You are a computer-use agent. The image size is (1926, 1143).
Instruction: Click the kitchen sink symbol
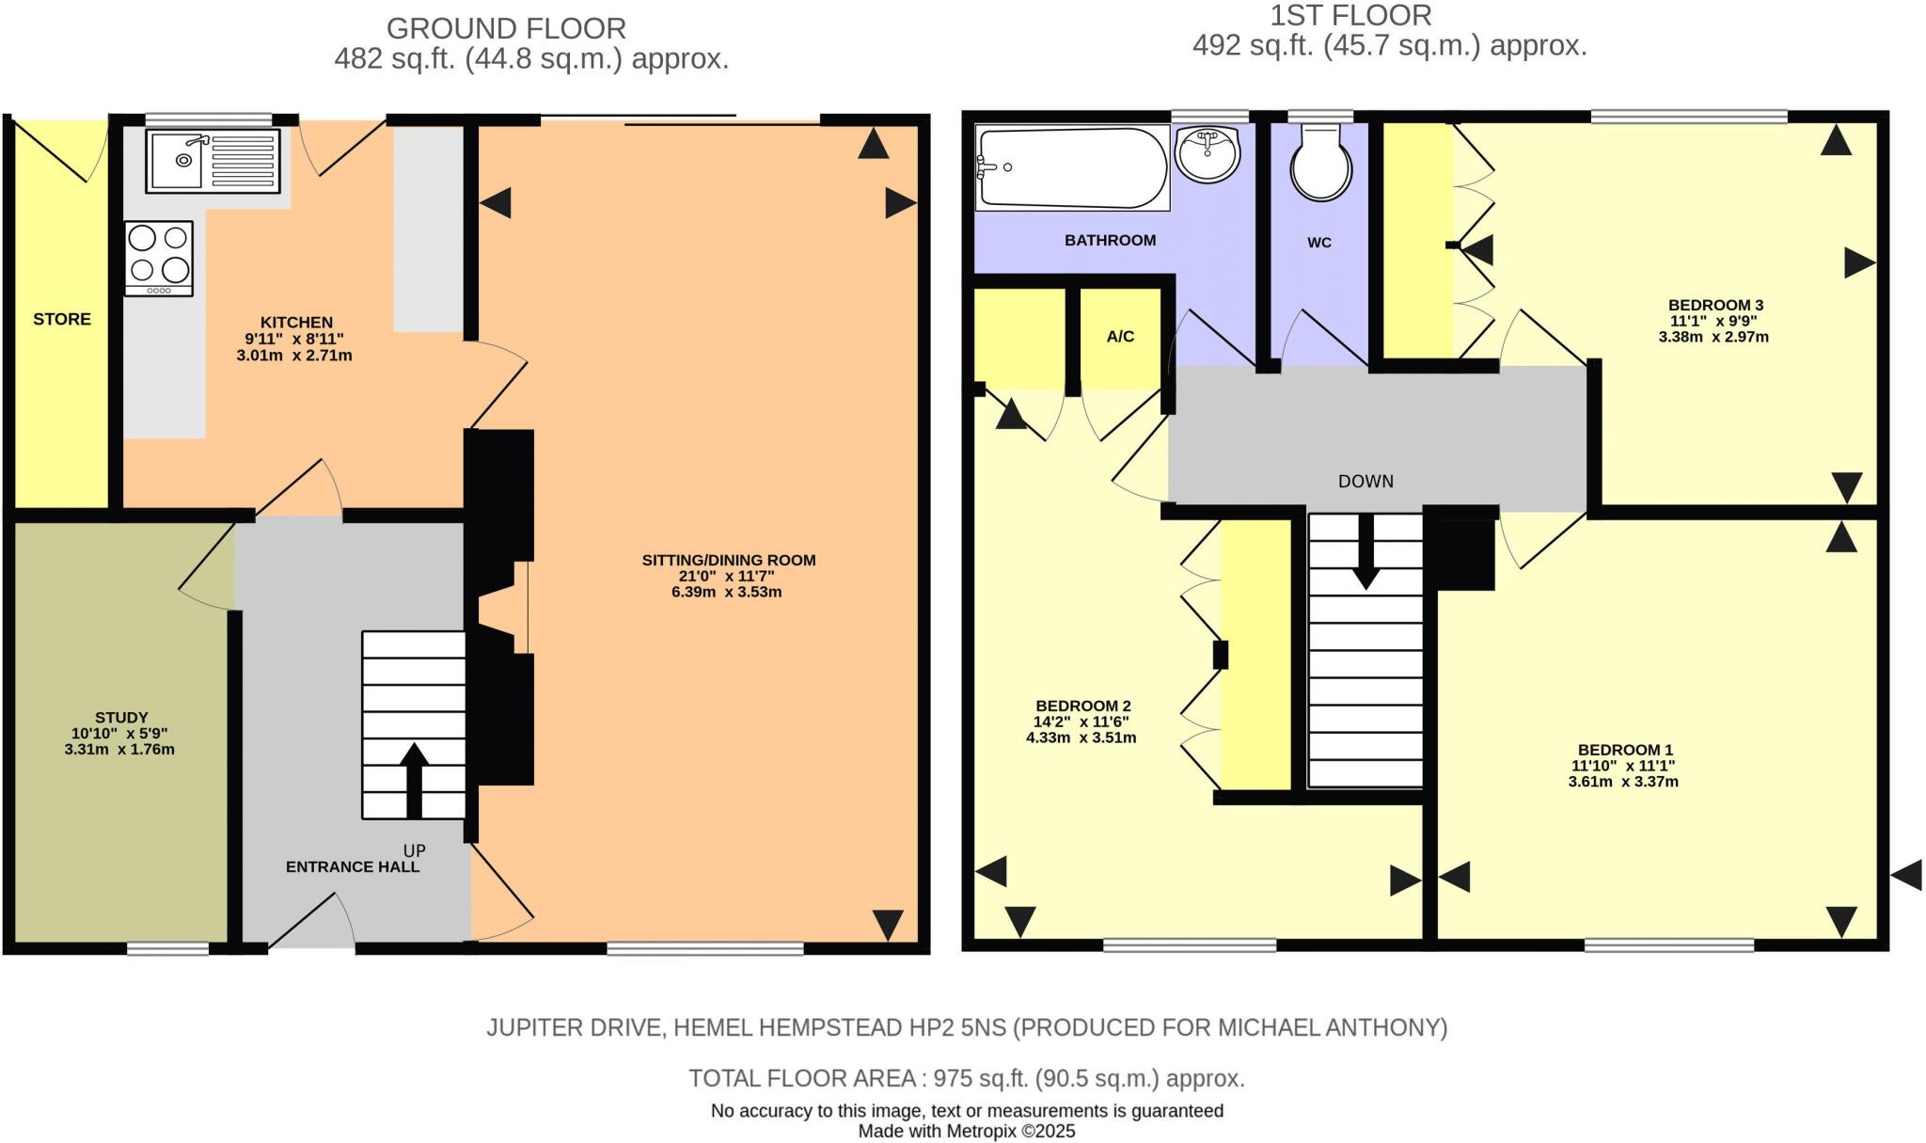point(213,161)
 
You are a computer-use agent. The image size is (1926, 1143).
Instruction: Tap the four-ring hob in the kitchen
point(159,258)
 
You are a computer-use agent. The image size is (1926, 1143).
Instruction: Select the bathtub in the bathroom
point(1072,168)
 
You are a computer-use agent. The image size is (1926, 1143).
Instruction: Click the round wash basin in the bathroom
point(1208,153)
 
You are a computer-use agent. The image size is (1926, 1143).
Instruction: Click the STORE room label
point(62,319)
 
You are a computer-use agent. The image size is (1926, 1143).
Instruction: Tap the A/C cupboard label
point(1120,336)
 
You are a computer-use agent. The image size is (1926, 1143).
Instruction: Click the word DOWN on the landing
point(1366,481)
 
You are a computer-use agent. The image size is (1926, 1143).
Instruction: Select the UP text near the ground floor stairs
point(414,849)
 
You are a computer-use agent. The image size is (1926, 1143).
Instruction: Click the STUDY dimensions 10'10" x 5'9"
point(119,734)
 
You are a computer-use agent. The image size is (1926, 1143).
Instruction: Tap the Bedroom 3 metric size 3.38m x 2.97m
point(1713,337)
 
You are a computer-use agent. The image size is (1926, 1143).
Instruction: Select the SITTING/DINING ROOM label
point(729,560)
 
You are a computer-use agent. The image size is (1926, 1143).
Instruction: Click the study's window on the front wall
point(167,948)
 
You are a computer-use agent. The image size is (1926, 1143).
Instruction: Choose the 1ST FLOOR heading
point(1350,16)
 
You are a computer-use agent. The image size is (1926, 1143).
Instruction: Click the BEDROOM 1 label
point(1626,750)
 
